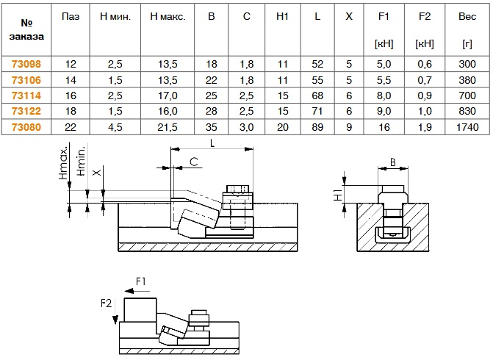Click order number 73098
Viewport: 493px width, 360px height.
click(x=26, y=63)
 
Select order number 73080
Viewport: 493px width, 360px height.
click(x=26, y=126)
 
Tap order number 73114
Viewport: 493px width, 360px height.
click(x=26, y=95)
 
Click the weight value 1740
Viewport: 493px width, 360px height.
click(x=467, y=126)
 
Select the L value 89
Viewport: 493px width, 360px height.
click(x=317, y=126)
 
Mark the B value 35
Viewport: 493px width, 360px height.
click(x=212, y=126)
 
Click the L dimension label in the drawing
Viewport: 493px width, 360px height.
click(x=212, y=145)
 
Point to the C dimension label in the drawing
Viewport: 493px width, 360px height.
click(x=193, y=160)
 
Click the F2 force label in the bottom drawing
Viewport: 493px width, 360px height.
click(x=106, y=302)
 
